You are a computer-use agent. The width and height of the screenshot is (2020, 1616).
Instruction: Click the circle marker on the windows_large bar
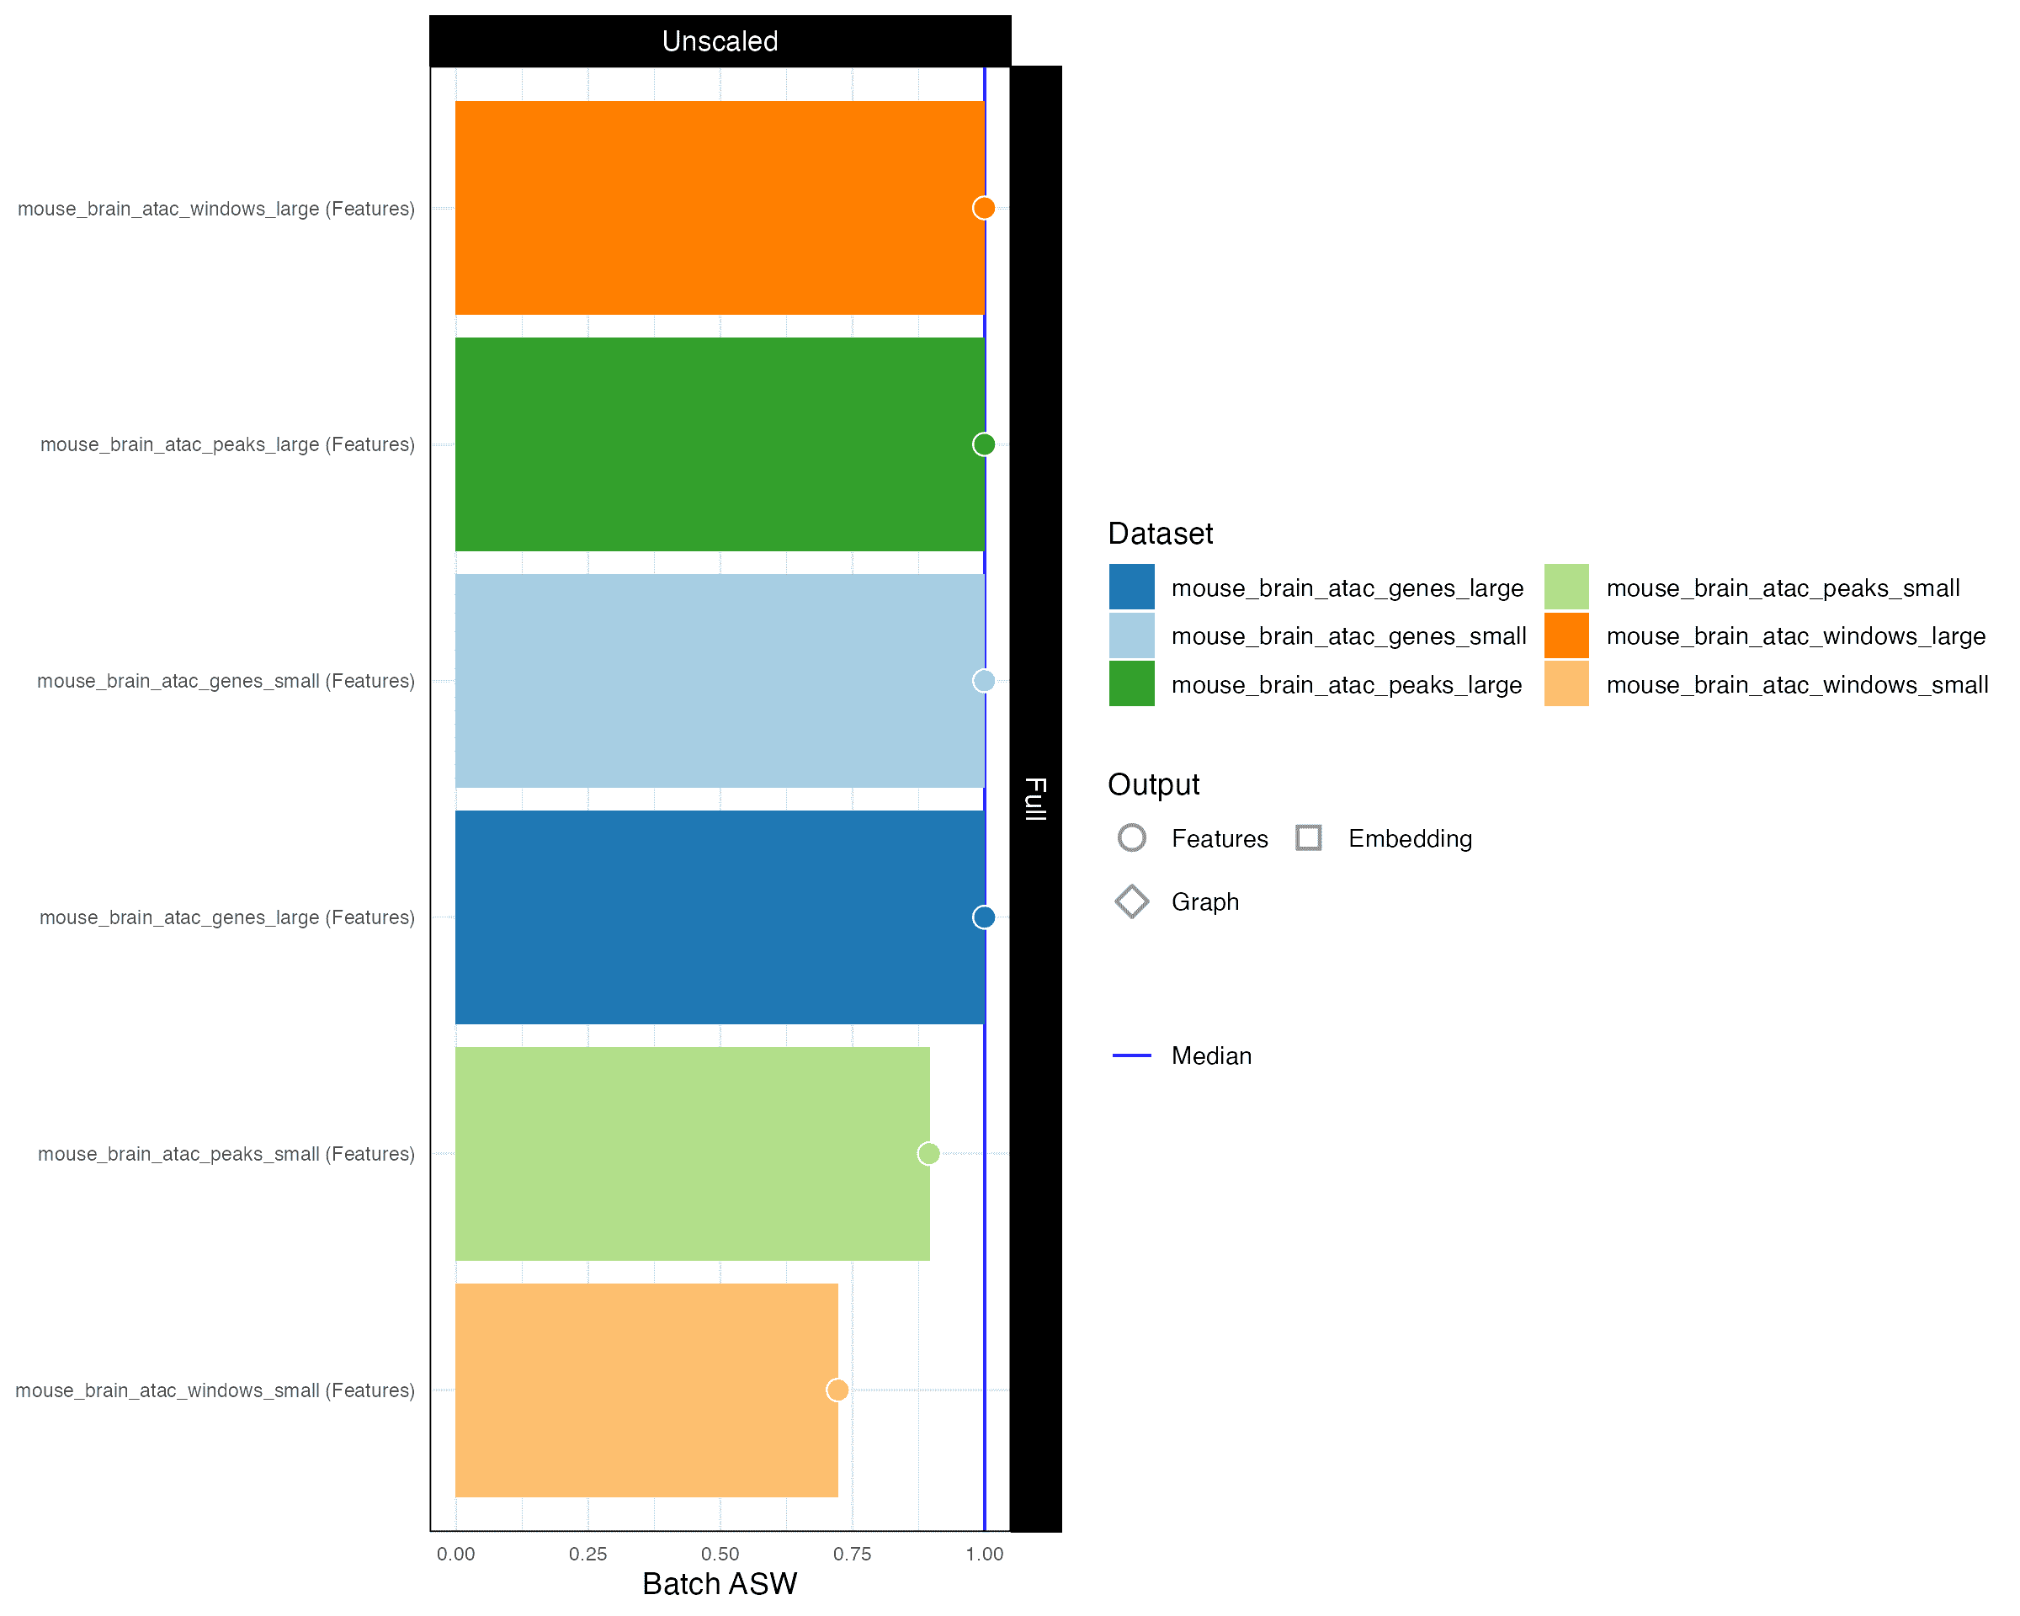pyautogui.click(x=983, y=208)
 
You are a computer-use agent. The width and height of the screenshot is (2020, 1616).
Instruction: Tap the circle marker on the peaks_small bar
pyautogui.click(x=928, y=1153)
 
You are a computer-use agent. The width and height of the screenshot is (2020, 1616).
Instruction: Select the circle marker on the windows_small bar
pyautogui.click(x=837, y=1390)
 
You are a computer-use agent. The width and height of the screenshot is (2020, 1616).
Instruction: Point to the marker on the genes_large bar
pyautogui.click(x=983, y=917)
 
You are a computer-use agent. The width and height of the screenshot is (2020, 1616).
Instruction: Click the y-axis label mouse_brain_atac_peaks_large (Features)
pyautogui.click(x=226, y=445)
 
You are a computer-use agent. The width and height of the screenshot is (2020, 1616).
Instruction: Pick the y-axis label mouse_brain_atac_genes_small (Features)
pyautogui.click(x=225, y=681)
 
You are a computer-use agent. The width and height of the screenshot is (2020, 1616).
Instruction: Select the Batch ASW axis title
pyautogui.click(x=719, y=1584)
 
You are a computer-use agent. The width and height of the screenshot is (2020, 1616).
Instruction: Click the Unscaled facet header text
pyautogui.click(x=720, y=41)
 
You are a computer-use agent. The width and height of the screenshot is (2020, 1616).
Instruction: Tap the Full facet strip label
pyautogui.click(x=1035, y=798)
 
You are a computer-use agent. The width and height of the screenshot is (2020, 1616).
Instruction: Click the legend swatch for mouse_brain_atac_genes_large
pyautogui.click(x=1131, y=587)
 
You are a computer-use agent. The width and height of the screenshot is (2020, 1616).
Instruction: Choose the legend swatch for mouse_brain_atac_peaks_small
pyautogui.click(x=1565, y=587)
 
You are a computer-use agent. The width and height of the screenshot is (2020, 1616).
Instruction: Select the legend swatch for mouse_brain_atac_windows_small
pyautogui.click(x=1565, y=684)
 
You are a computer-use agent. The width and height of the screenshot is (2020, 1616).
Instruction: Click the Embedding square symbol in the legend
pyautogui.click(x=1308, y=837)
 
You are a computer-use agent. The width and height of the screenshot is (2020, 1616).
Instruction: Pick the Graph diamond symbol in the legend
pyautogui.click(x=1131, y=901)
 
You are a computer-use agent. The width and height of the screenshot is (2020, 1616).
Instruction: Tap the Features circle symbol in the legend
pyautogui.click(x=1131, y=837)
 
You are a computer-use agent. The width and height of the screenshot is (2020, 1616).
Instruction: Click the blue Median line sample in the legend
pyautogui.click(x=1131, y=1055)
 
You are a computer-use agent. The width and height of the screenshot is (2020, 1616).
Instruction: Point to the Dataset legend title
pyautogui.click(x=1160, y=533)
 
